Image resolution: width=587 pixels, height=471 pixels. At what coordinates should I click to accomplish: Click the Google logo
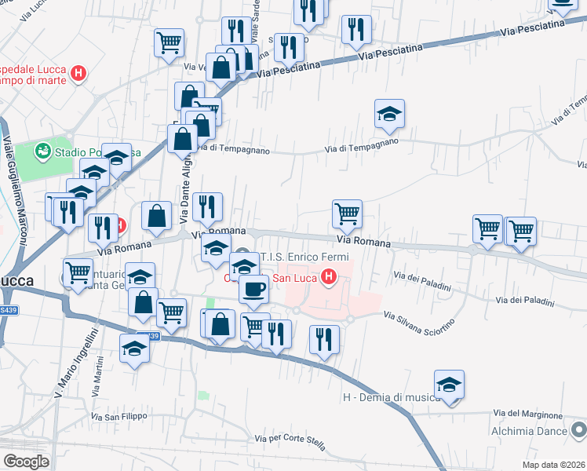[x=26, y=462]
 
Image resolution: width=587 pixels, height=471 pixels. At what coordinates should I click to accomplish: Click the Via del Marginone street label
[x=528, y=414]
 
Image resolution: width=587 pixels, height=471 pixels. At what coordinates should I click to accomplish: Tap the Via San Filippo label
[x=119, y=417]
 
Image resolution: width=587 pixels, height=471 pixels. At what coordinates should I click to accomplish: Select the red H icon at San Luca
[x=330, y=277]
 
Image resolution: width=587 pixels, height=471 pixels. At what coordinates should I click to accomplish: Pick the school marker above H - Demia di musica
[x=449, y=385]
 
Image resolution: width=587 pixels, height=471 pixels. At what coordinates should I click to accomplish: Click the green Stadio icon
[x=42, y=149]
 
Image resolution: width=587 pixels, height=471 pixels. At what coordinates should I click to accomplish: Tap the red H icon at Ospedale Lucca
[x=78, y=75]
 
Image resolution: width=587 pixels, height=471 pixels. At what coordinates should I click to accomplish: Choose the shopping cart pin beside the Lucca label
[x=78, y=273]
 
